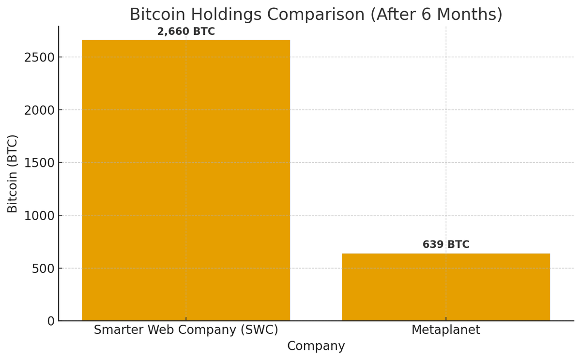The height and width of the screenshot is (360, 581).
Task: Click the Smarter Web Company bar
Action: coord(186,180)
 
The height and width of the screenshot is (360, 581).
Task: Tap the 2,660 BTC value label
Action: coord(186,32)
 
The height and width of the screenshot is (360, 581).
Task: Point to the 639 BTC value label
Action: coord(445,245)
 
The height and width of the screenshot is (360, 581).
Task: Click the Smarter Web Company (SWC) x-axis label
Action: coord(186,330)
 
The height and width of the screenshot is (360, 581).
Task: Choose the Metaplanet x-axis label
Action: coord(445,330)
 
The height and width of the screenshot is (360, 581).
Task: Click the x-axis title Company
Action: coord(316,346)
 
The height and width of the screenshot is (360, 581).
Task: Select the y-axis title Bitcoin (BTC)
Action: coord(13,173)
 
